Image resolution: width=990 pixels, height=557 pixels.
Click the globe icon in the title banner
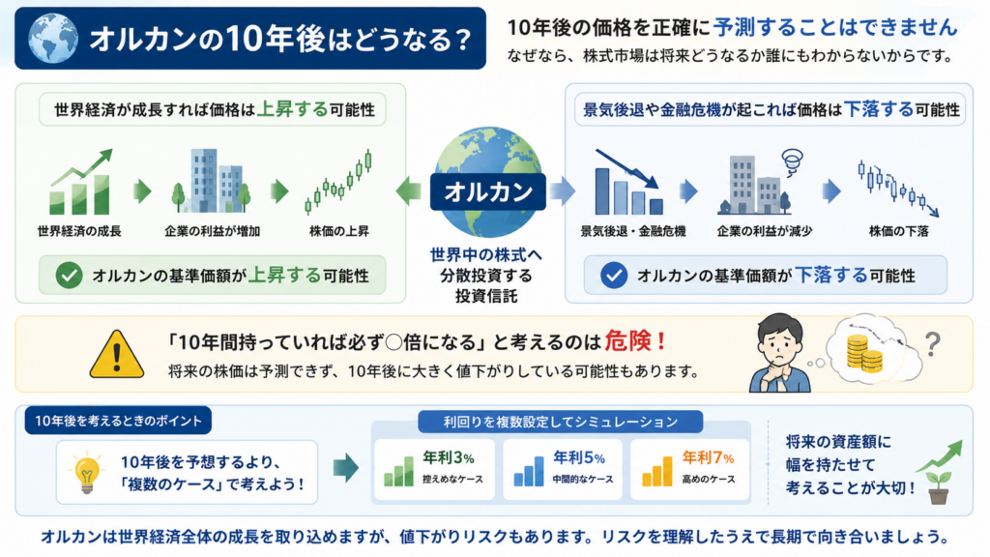tap(53, 38)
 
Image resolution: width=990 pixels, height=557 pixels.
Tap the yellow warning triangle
tap(117, 354)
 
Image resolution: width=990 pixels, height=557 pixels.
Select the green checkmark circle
tap(69, 276)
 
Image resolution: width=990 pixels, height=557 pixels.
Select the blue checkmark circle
tap(613, 276)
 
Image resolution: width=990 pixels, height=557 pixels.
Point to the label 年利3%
tap(449, 457)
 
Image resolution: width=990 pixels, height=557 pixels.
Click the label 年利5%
tap(579, 457)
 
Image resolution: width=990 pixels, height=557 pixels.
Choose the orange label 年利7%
tap(708, 457)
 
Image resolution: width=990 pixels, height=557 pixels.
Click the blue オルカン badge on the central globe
tap(488, 191)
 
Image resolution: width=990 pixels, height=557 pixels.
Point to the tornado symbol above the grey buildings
tap(792, 161)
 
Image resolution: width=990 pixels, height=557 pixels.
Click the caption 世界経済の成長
tap(79, 231)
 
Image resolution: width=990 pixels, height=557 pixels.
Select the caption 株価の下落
tap(898, 231)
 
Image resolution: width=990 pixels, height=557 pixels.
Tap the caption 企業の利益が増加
tap(212, 231)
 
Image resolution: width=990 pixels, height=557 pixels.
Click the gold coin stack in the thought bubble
tap(863, 354)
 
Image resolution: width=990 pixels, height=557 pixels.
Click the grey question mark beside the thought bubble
tap(933, 345)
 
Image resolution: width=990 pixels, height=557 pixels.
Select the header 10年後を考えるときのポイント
tap(118, 421)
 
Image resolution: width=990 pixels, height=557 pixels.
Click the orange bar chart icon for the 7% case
tap(657, 471)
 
